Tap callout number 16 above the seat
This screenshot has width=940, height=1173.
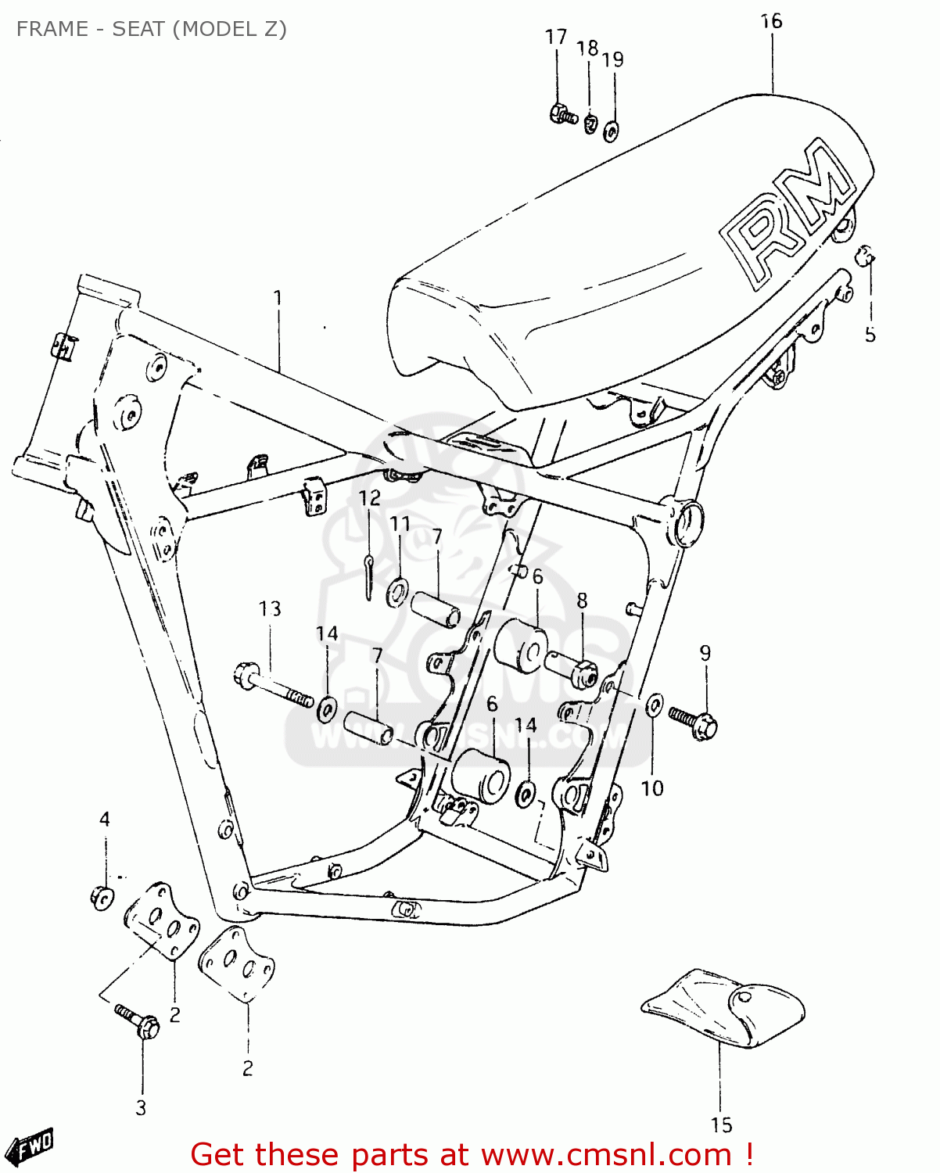771,22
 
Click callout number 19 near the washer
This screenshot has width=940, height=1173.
613,59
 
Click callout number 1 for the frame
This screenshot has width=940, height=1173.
278,298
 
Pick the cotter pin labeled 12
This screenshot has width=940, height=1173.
369,574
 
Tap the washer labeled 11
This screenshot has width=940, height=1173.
398,591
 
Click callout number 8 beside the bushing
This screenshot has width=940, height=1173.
582,601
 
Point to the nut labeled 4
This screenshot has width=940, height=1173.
101,897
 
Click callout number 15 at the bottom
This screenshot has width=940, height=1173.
721,1125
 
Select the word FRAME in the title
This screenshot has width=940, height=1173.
52,29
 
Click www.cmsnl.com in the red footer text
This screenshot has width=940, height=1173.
605,1154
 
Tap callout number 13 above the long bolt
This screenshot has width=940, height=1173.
270,608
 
